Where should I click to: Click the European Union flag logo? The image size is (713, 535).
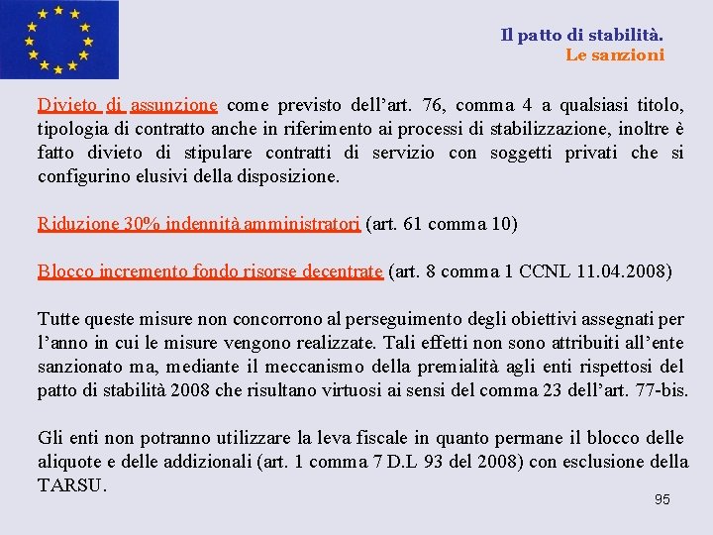[59, 40]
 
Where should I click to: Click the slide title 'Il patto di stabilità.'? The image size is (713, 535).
[582, 35]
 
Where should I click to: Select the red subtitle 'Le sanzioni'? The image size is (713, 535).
[615, 55]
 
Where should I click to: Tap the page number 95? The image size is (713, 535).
[662, 499]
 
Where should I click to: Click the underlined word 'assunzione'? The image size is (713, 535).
[173, 105]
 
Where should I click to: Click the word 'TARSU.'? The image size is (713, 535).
[72, 485]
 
